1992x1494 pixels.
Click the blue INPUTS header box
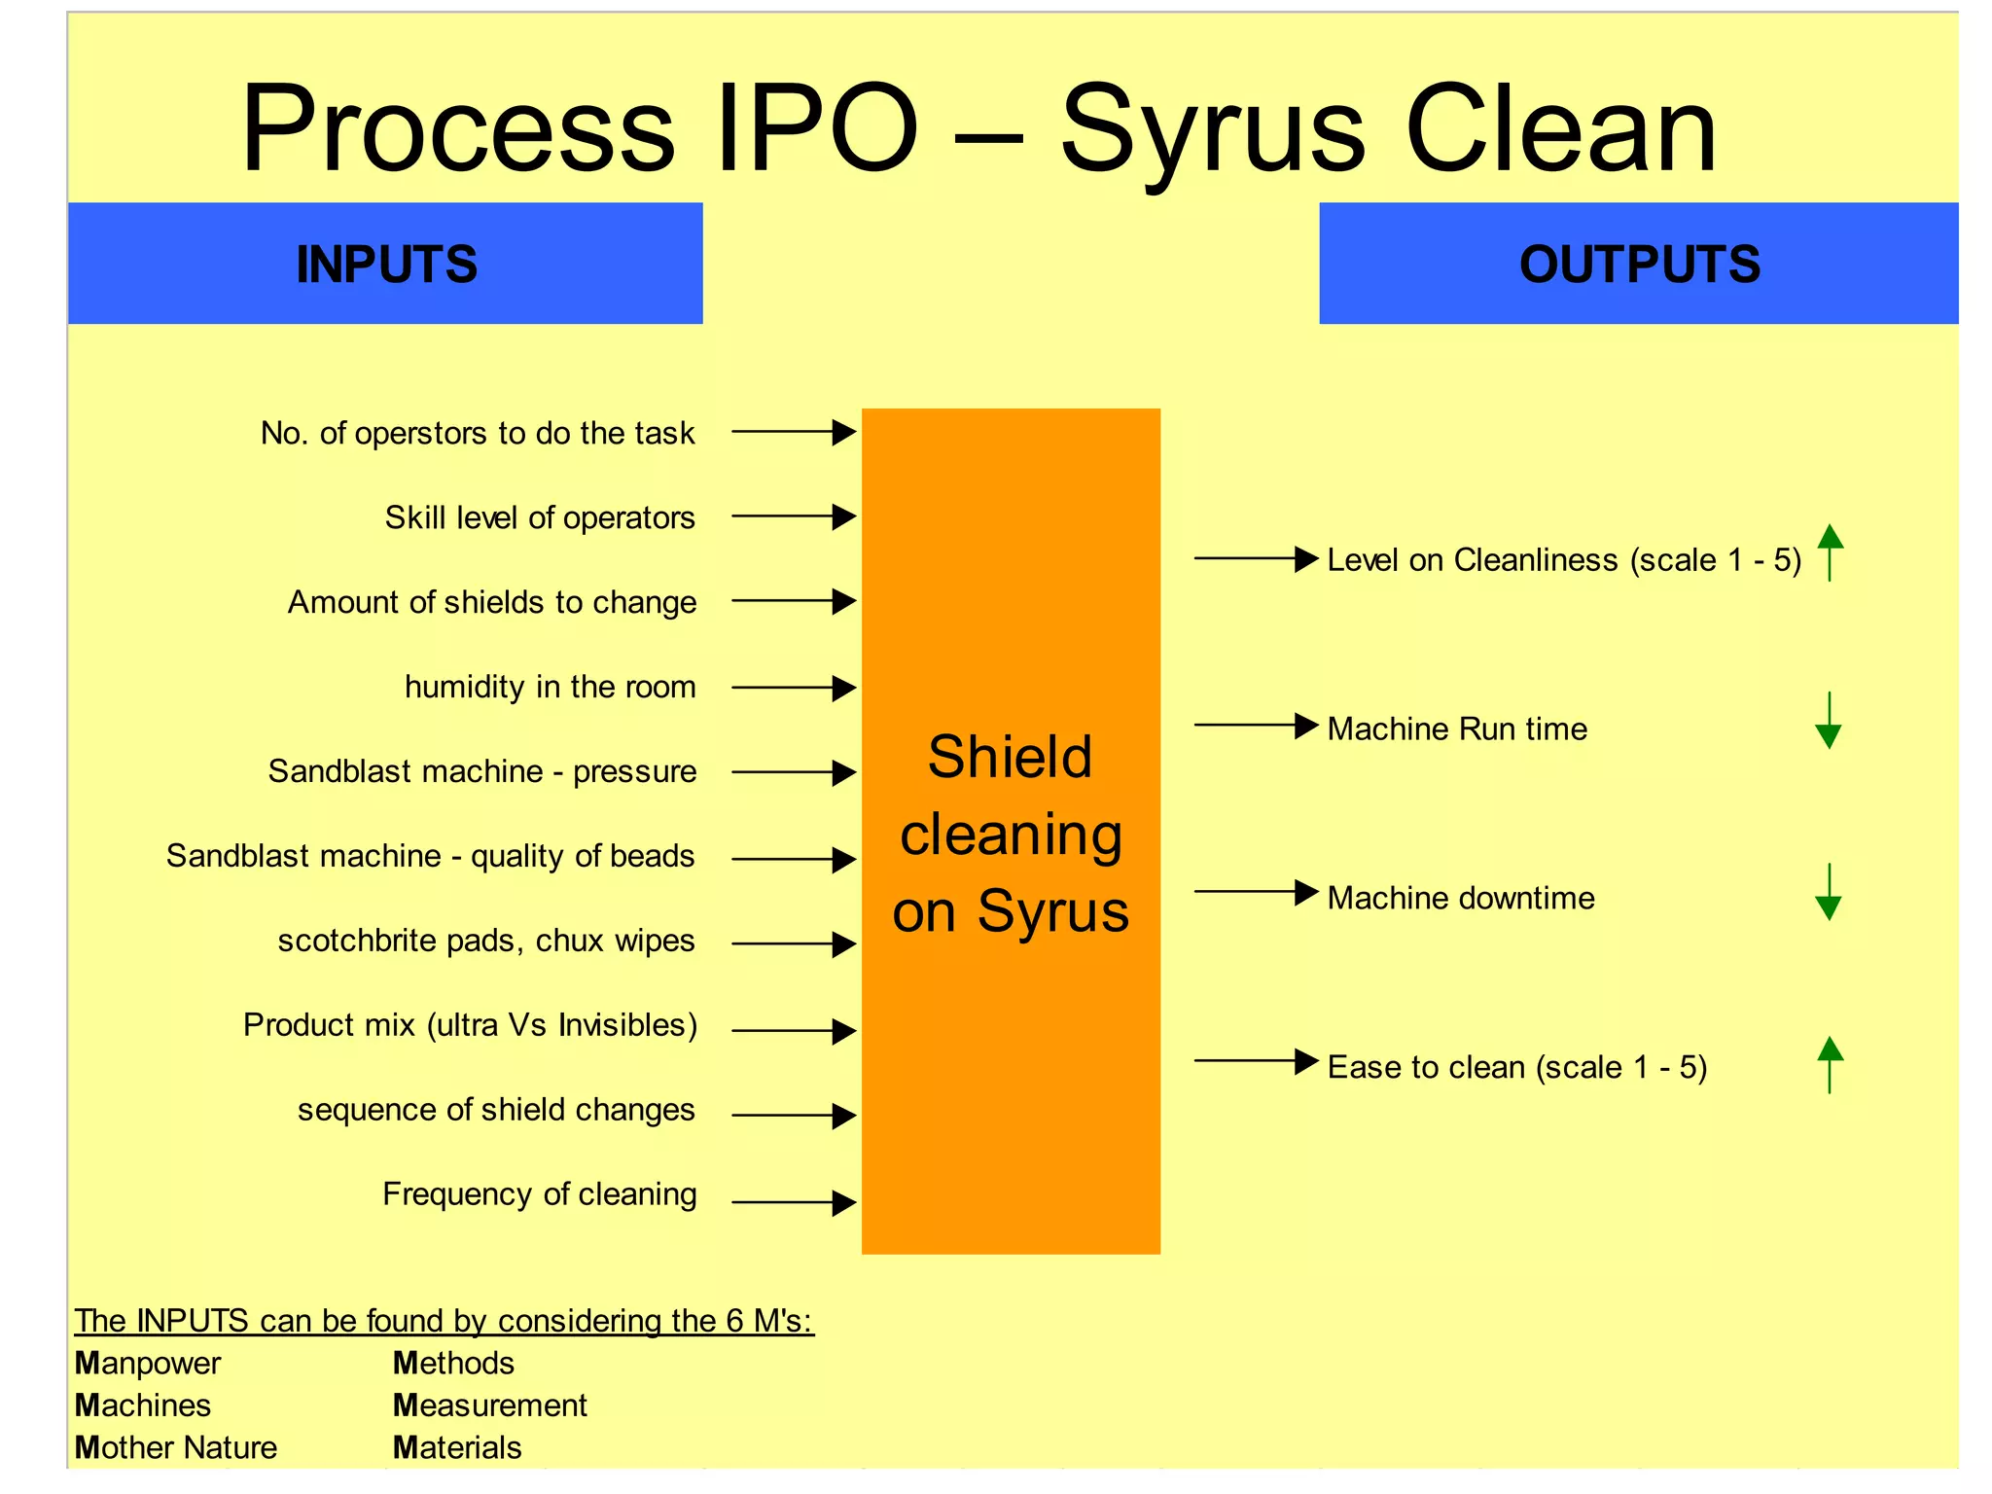click(385, 264)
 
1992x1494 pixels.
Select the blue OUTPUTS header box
click(1638, 264)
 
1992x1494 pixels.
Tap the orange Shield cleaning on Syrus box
click(1011, 831)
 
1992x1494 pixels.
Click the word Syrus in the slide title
click(1214, 131)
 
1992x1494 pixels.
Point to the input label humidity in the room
click(550, 687)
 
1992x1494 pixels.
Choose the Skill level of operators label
click(540, 517)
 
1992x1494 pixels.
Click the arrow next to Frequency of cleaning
click(793, 1203)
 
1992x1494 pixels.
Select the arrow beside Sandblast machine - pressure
click(793, 773)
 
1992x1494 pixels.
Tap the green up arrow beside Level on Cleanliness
click(1830, 552)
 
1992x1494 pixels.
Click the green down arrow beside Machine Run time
click(1829, 721)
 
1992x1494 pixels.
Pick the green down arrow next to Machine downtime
click(1829, 892)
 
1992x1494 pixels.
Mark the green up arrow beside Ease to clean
click(1830, 1065)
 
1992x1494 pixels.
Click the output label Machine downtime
click(1460, 898)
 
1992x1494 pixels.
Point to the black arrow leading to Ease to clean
click(1256, 1061)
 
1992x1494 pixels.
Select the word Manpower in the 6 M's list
click(148, 1364)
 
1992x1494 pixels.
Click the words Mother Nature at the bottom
click(176, 1448)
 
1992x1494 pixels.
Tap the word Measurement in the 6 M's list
click(489, 1405)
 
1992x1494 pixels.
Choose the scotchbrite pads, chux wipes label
click(485, 941)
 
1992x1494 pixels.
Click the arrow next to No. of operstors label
click(793, 432)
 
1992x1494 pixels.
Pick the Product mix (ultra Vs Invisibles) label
click(470, 1025)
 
